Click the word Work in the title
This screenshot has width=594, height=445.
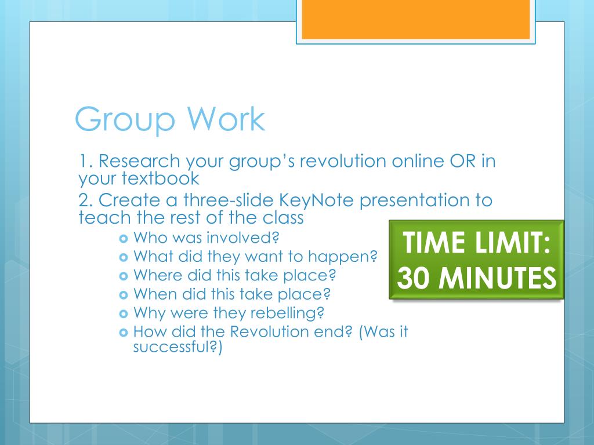[x=226, y=119]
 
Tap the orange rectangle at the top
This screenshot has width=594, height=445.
[x=415, y=19]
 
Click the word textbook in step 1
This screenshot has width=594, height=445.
[x=160, y=178]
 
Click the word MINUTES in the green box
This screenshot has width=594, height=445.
[x=497, y=278]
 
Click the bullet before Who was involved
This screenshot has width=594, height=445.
[x=124, y=239]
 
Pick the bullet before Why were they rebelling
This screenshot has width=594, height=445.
[x=124, y=313]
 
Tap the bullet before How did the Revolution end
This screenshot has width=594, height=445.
[x=124, y=333]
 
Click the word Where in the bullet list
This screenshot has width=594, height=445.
[x=158, y=275]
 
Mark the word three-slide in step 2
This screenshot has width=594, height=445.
[x=229, y=200]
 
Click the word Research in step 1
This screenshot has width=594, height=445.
[x=139, y=161]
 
